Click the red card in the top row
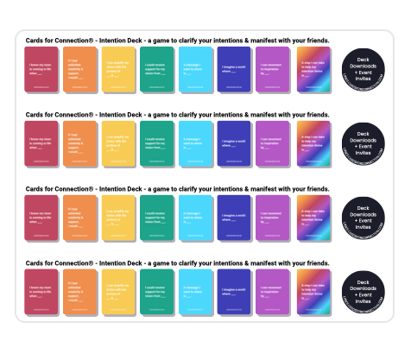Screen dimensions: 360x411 (42, 70)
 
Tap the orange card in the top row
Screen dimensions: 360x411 (81, 70)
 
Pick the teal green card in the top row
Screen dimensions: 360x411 (159, 70)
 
